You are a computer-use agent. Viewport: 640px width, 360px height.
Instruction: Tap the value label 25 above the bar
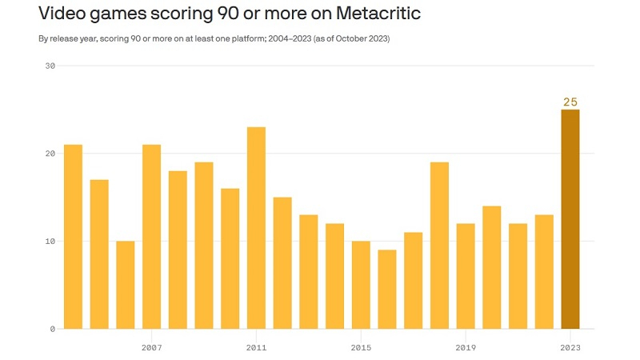pos(570,102)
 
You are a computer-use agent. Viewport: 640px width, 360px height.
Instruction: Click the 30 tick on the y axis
pos(50,66)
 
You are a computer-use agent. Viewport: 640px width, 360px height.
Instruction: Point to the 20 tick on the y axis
pos(50,154)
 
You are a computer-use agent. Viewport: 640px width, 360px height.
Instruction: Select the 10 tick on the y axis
pos(50,242)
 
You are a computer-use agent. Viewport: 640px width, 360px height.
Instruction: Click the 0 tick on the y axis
pos(52,329)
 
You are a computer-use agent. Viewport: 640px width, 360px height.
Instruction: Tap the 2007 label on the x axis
pos(151,348)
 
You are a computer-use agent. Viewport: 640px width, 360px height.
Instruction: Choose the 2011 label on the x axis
pos(256,348)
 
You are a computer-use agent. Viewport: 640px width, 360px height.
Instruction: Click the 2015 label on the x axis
pos(361,348)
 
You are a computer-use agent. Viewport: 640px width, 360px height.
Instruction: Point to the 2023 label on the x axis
pos(570,348)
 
